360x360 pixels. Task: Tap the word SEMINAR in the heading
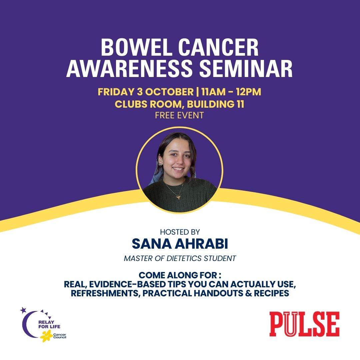pyautogui.click(x=246, y=68)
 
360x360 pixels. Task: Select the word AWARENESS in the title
pyautogui.click(x=129, y=68)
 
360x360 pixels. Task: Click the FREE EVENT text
pyautogui.click(x=180, y=115)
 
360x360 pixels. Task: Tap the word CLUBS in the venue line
pyautogui.click(x=132, y=104)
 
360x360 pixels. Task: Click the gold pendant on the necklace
pyautogui.click(x=178, y=197)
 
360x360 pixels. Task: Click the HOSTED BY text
pyautogui.click(x=180, y=232)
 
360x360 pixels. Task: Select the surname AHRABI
pyautogui.click(x=201, y=244)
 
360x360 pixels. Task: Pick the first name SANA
pyautogui.click(x=152, y=244)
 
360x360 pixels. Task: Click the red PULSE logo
pyautogui.click(x=304, y=324)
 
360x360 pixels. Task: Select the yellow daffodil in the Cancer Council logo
pyautogui.click(x=46, y=337)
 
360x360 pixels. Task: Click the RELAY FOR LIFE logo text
pyautogui.click(x=49, y=324)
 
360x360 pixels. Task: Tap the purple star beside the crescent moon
pyautogui.click(x=23, y=310)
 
